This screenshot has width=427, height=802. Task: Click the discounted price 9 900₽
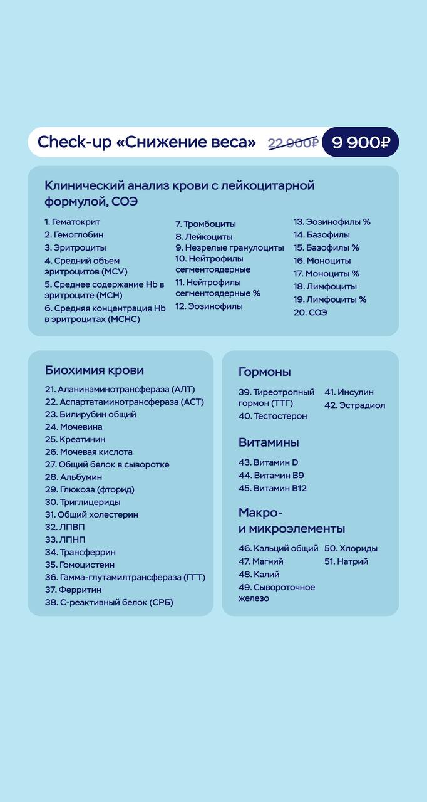pos(360,142)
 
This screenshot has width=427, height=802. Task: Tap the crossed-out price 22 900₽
pos(293,143)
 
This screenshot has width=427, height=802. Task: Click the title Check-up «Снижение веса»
pos(147,142)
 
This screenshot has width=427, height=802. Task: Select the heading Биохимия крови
pos(95,370)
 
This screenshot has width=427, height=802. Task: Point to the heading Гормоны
pos(265,372)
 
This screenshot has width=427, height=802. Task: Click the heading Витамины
pos(269,442)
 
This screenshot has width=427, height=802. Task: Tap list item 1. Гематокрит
pos(73,222)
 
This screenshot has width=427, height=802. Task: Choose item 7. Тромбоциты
pos(205,224)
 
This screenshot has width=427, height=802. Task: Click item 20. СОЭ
pos(310,312)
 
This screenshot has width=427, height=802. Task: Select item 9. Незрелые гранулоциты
pos(229,247)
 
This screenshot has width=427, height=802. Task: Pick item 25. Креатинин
pos(75,439)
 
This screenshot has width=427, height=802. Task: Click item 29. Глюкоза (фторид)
pos(90,489)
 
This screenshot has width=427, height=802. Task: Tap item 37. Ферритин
pos(73,590)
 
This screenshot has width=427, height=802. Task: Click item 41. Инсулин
pos(349,392)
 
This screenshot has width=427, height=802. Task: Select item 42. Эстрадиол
pos(354,405)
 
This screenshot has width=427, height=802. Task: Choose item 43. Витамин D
pos(269,462)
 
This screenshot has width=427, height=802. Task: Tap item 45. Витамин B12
pos(272,488)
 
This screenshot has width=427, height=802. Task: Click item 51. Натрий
pos(346,561)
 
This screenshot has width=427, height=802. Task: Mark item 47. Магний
pos(261,561)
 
